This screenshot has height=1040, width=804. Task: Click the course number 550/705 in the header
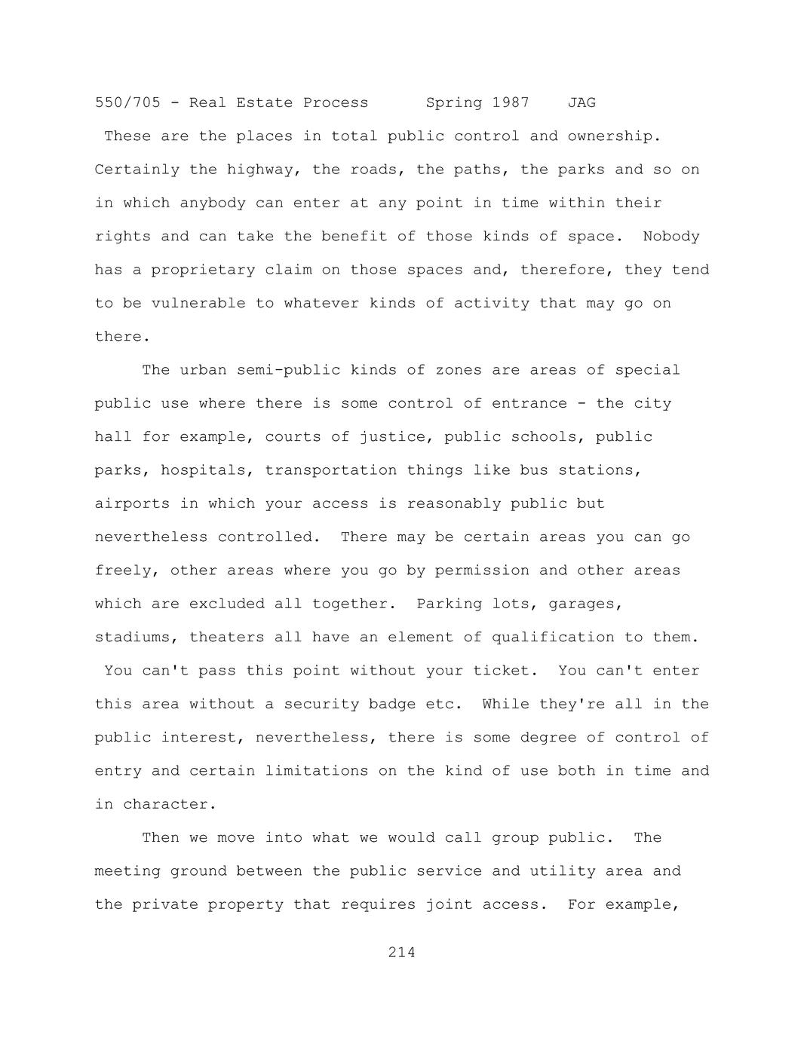tap(127, 102)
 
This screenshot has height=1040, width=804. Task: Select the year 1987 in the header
tap(511, 102)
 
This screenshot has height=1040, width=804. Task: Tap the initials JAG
tap(582, 102)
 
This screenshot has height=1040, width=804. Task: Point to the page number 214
tap(401, 953)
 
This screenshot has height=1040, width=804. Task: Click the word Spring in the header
tap(454, 102)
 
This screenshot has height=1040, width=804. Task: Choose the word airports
tap(132, 503)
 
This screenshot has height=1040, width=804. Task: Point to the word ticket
tap(505, 671)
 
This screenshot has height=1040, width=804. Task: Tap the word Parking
tap(449, 604)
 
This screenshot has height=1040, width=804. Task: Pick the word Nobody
tap(671, 237)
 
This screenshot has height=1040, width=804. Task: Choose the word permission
tap(482, 570)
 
